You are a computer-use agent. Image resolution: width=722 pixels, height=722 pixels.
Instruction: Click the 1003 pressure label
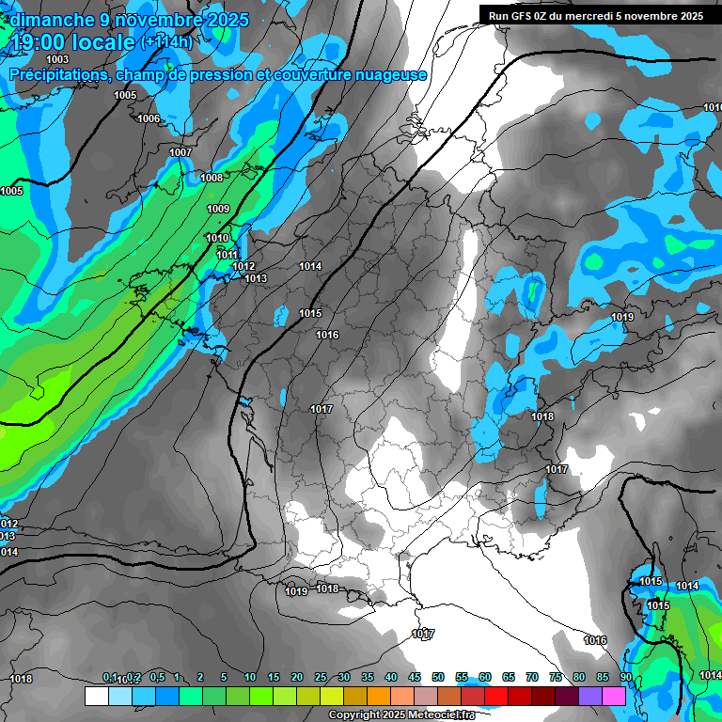[x=57, y=59]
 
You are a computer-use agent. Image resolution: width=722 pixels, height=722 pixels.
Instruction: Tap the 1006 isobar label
[x=149, y=118]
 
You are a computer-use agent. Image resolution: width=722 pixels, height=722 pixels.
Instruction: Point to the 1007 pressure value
[x=180, y=152]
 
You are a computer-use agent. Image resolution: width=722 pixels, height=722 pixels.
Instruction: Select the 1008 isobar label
[x=212, y=178]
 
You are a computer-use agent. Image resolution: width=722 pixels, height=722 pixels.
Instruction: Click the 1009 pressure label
[x=218, y=209]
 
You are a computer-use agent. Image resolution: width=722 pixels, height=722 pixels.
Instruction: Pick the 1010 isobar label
[x=217, y=238]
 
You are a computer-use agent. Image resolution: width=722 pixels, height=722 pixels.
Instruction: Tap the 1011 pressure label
[x=227, y=255]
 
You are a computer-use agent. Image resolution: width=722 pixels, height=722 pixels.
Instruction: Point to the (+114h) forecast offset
[x=166, y=42]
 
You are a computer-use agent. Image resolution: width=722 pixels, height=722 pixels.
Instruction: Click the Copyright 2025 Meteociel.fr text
[x=401, y=715]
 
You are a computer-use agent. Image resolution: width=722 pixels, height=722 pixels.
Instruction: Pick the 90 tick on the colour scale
[x=626, y=678]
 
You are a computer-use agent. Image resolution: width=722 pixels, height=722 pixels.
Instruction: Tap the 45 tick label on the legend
[x=415, y=678]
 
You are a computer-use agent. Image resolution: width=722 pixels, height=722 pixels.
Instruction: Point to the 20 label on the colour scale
[x=297, y=678]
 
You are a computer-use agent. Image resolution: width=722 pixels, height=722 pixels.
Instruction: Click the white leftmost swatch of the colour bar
[x=96, y=696]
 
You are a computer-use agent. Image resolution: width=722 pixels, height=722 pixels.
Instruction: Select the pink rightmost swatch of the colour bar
[x=614, y=696]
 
